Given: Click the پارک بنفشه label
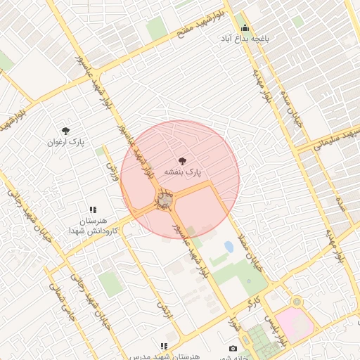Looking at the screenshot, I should [x=183, y=172].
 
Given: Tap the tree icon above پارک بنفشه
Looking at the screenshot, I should [x=184, y=161].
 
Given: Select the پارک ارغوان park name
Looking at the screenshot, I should [x=65, y=142].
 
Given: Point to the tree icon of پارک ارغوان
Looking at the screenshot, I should [x=65, y=131].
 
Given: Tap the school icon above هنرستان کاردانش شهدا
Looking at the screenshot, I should [x=93, y=210].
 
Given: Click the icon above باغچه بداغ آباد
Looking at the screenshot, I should [x=245, y=27].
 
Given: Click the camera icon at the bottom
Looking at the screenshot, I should [x=233, y=348].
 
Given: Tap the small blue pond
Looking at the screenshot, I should [x=229, y=247].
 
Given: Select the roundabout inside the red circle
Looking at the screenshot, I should [x=165, y=201].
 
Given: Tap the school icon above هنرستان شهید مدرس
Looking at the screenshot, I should [x=163, y=346].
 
